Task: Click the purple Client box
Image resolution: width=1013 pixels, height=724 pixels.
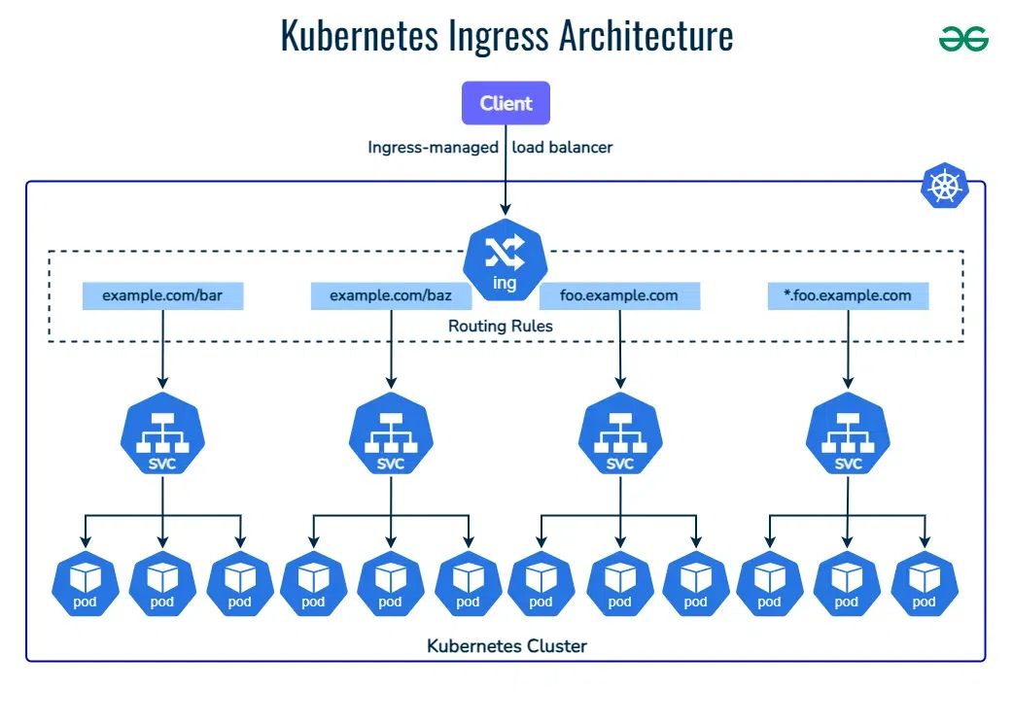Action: click(x=506, y=103)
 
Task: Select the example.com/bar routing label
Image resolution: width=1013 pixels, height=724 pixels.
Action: click(x=161, y=295)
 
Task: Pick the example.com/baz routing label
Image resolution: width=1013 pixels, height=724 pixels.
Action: click(x=390, y=295)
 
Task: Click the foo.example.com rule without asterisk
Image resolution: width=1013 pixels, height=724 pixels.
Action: click(x=619, y=295)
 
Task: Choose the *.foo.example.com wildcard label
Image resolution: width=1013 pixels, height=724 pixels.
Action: click(x=848, y=295)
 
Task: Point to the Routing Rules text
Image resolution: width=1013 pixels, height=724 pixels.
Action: click(x=500, y=327)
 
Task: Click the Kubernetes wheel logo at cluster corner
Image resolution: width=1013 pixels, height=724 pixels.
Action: click(x=944, y=186)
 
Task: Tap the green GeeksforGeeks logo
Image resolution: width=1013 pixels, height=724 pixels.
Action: click(x=963, y=39)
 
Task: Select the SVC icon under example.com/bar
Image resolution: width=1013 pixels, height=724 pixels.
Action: click(x=162, y=436)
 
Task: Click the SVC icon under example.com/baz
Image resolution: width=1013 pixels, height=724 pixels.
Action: click(x=391, y=436)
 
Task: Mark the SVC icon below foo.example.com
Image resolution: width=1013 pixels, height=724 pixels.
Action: click(x=620, y=436)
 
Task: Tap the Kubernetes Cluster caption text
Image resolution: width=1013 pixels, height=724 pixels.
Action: click(x=506, y=645)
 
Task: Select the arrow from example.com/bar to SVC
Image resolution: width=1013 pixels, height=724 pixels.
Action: click(x=162, y=350)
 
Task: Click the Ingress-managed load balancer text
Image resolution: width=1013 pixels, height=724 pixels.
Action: click(x=490, y=148)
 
